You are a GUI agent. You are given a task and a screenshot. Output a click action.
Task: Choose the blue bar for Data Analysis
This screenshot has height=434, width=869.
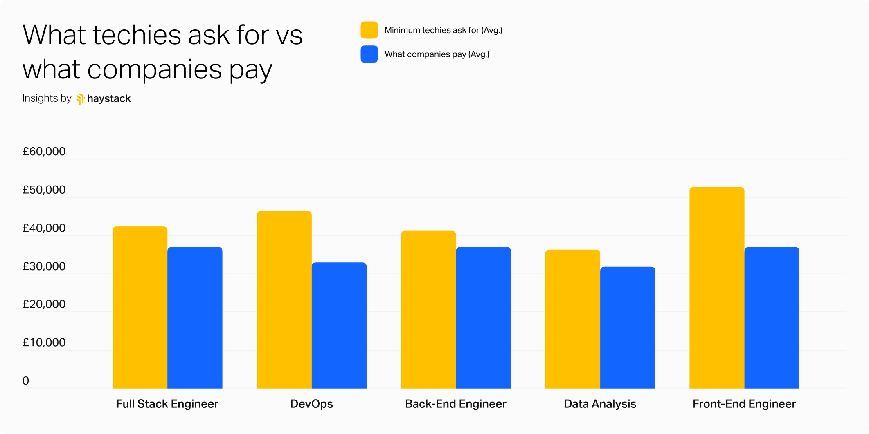628,327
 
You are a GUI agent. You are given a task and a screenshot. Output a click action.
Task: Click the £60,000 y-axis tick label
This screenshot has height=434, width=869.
44,152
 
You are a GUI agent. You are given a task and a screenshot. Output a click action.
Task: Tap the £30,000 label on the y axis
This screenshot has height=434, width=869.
44,266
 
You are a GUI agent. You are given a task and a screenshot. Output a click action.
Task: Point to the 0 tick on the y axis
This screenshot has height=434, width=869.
26,381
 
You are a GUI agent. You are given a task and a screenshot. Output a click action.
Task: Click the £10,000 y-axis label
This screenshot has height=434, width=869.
44,342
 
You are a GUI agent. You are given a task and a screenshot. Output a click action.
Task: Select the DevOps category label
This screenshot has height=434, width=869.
311,404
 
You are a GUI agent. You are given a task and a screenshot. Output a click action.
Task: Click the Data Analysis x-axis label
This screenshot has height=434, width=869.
600,404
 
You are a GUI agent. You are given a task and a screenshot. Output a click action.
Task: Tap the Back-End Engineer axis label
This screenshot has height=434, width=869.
456,404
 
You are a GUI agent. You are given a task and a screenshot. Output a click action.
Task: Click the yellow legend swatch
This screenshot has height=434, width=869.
369,30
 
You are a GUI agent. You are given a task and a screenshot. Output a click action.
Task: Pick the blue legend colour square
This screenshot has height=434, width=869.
369,54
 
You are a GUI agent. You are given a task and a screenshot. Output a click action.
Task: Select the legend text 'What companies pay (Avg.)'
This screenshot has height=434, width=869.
437,54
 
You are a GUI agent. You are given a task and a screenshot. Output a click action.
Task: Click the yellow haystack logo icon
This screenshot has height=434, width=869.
81,99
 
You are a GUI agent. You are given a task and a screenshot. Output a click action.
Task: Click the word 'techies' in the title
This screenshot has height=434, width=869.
137,35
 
